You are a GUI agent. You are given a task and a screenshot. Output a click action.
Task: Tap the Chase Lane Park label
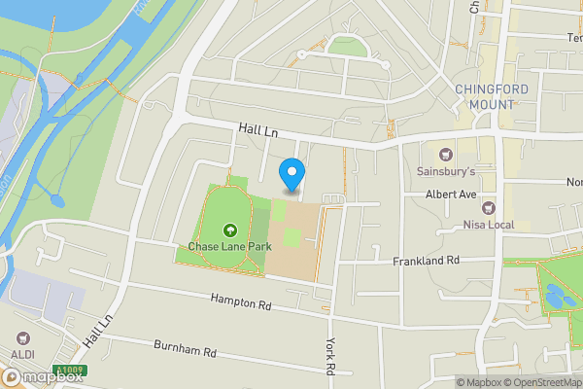point(229,247)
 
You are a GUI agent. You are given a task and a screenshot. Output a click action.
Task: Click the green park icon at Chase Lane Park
point(230,230)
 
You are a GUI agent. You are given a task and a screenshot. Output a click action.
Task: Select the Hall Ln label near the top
point(257,131)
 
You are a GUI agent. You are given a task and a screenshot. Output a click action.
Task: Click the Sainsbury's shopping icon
point(446,154)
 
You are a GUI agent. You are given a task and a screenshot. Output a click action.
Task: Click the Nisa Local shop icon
point(488,209)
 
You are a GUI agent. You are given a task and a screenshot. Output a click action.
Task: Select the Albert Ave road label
point(451,194)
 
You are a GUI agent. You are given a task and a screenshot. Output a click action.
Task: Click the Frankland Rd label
point(426,262)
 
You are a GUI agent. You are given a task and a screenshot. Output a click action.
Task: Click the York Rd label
point(329,356)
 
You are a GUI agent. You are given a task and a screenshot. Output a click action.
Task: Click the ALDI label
point(22,356)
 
